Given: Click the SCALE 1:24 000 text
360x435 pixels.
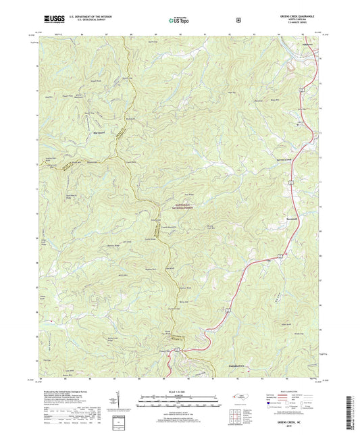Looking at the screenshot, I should click(x=179, y=391).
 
